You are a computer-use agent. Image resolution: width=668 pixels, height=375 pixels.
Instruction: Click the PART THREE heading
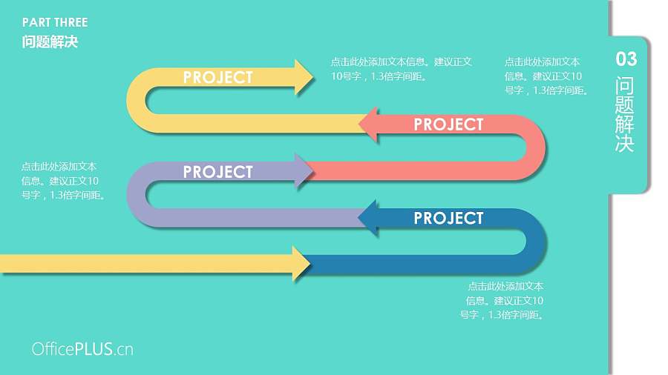click(x=55, y=22)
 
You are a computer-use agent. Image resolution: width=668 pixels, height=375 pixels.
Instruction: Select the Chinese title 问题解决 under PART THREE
click(x=50, y=42)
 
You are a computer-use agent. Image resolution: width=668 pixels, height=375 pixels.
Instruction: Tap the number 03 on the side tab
click(x=626, y=59)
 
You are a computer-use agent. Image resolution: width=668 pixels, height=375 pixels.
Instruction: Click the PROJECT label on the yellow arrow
click(x=217, y=77)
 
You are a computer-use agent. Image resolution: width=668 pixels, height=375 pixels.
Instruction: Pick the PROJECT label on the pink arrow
click(x=448, y=125)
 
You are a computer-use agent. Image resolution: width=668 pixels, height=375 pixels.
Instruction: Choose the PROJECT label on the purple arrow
click(x=217, y=172)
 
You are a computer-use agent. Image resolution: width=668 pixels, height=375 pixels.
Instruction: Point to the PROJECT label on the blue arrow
click(x=448, y=219)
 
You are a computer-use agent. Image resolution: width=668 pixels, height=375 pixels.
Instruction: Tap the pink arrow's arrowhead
click(x=369, y=125)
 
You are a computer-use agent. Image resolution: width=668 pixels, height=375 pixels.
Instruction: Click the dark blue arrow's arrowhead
click(x=369, y=219)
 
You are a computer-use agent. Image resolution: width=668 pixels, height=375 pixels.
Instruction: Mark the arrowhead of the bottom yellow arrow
click(x=301, y=264)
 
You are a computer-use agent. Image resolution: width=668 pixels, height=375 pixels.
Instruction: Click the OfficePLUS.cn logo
click(x=82, y=349)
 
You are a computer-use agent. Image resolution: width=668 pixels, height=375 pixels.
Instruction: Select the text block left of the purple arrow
click(x=63, y=181)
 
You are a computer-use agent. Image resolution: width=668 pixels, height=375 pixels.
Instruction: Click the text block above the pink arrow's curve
click(x=546, y=76)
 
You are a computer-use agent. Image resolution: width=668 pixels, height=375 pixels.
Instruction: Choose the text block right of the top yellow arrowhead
click(x=401, y=69)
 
